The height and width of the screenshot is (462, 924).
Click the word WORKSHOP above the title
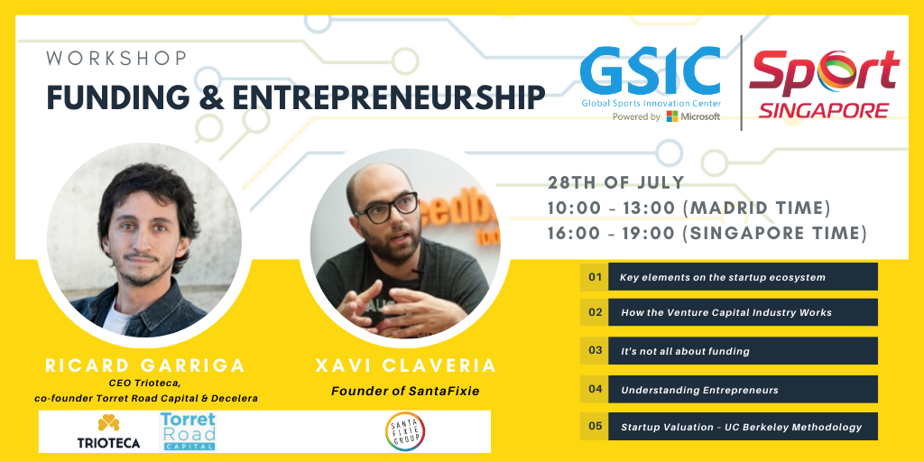[x=116, y=59]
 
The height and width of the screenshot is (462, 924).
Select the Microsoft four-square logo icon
[x=671, y=116]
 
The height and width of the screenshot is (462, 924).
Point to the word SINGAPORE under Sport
[x=823, y=110]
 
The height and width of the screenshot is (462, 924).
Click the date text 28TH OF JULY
[x=616, y=182]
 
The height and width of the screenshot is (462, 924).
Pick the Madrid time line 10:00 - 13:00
[x=689, y=208]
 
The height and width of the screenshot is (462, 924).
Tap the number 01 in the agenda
[x=596, y=276]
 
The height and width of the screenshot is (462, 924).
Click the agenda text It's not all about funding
[x=686, y=351]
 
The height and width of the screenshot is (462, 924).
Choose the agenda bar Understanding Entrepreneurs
[x=743, y=390]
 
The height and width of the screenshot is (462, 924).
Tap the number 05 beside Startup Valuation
[x=596, y=426]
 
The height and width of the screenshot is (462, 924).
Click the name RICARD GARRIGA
[x=145, y=365]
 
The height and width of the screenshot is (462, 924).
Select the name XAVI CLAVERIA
[x=406, y=365]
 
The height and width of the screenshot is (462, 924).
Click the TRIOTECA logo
[x=108, y=431]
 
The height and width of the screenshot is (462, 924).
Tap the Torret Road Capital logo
[x=188, y=431]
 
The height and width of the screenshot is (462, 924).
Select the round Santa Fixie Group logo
[x=405, y=431]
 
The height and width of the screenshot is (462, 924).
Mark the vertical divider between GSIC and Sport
[x=741, y=82]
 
